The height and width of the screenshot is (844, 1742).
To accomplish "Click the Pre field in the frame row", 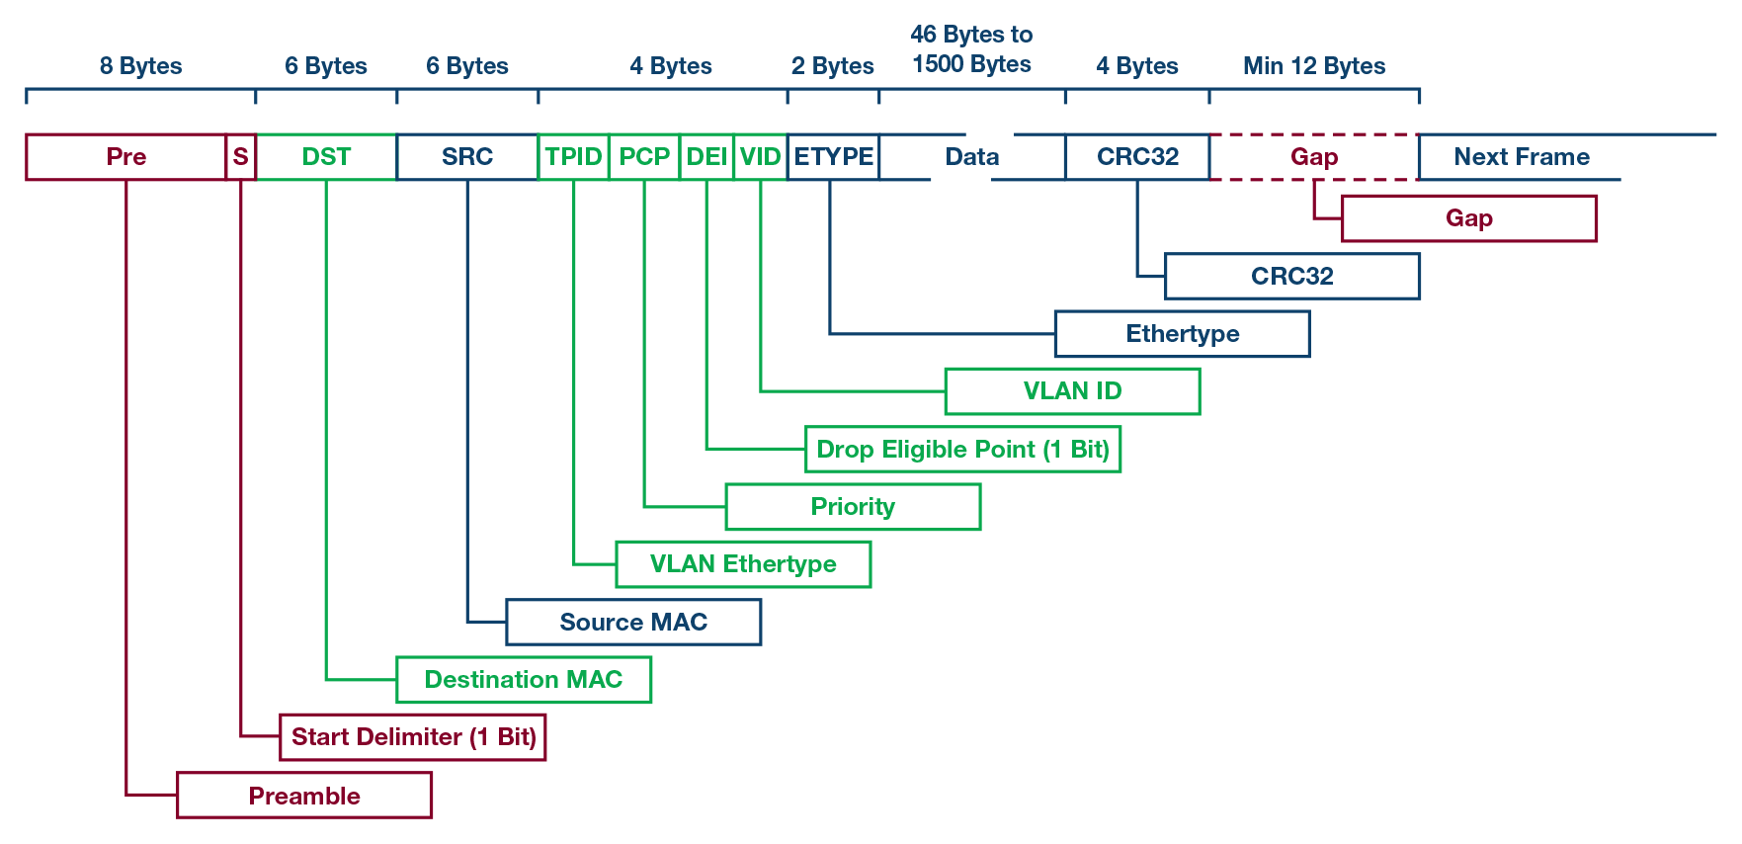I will [125, 157].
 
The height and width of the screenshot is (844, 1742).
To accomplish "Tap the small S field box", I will [240, 157].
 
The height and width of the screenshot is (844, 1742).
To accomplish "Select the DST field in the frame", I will [326, 157].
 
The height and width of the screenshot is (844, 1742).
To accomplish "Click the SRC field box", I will [467, 157].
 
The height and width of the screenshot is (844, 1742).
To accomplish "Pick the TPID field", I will [573, 157].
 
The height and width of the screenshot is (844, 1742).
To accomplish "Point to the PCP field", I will [644, 157].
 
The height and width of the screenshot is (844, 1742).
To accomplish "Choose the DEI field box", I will [706, 157].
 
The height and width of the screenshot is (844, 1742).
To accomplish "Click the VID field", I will [760, 157].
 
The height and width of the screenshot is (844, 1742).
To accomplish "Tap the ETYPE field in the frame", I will [833, 157].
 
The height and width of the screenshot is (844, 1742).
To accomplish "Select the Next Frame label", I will [1521, 157].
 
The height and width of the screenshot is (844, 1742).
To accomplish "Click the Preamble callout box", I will [304, 796].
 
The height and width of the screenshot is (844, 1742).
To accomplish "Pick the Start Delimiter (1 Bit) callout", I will [413, 737].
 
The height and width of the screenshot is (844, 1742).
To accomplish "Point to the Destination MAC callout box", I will [524, 680].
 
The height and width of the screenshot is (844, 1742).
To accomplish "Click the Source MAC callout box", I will [633, 623].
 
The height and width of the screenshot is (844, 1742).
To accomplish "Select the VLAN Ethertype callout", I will [743, 564].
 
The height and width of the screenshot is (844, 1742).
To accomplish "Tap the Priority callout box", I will [853, 507].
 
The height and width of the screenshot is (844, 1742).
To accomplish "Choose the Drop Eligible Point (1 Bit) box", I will [962, 450].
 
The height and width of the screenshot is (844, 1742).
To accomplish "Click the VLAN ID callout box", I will [1072, 391].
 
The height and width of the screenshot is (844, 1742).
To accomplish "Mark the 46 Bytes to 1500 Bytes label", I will [971, 49].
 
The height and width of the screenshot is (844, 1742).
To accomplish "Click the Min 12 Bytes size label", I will [1314, 66].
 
